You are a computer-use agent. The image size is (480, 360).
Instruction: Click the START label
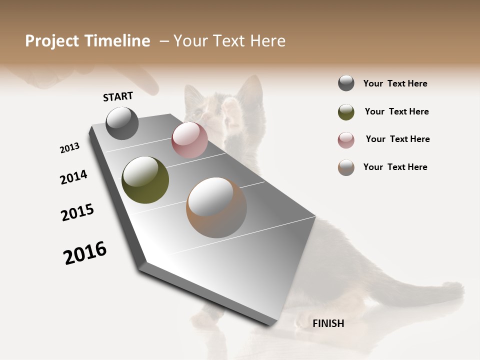pyautogui.click(x=118, y=96)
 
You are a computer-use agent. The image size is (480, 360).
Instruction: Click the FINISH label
pyautogui.click(x=328, y=323)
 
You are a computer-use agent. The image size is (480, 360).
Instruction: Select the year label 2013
pyautogui.click(x=69, y=148)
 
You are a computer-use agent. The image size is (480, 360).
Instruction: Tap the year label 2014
pyautogui.click(x=73, y=177)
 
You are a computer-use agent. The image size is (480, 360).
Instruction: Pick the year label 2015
pyautogui.click(x=77, y=212)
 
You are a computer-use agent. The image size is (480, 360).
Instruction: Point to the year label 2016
pyautogui.click(x=85, y=253)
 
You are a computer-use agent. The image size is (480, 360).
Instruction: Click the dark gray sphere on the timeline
pyautogui.click(x=122, y=123)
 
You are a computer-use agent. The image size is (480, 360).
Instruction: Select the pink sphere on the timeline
pyautogui.click(x=189, y=140)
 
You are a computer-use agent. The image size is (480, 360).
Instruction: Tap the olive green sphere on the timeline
pyautogui.click(x=145, y=180)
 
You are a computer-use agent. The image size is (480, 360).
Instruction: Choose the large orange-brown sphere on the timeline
pyautogui.click(x=216, y=207)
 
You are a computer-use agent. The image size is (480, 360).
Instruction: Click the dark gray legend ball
pyautogui.click(x=346, y=83)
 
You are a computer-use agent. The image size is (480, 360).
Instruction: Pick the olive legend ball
pyautogui.click(x=346, y=112)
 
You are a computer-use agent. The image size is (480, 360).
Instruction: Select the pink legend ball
pyautogui.click(x=346, y=140)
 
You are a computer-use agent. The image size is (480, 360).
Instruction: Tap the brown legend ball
pyautogui.click(x=346, y=167)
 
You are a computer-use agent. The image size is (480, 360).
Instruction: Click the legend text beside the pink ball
pyautogui.click(x=397, y=139)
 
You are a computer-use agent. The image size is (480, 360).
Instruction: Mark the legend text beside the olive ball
pyautogui.click(x=396, y=111)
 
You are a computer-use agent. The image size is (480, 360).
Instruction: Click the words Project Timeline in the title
pyautogui.click(x=87, y=41)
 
